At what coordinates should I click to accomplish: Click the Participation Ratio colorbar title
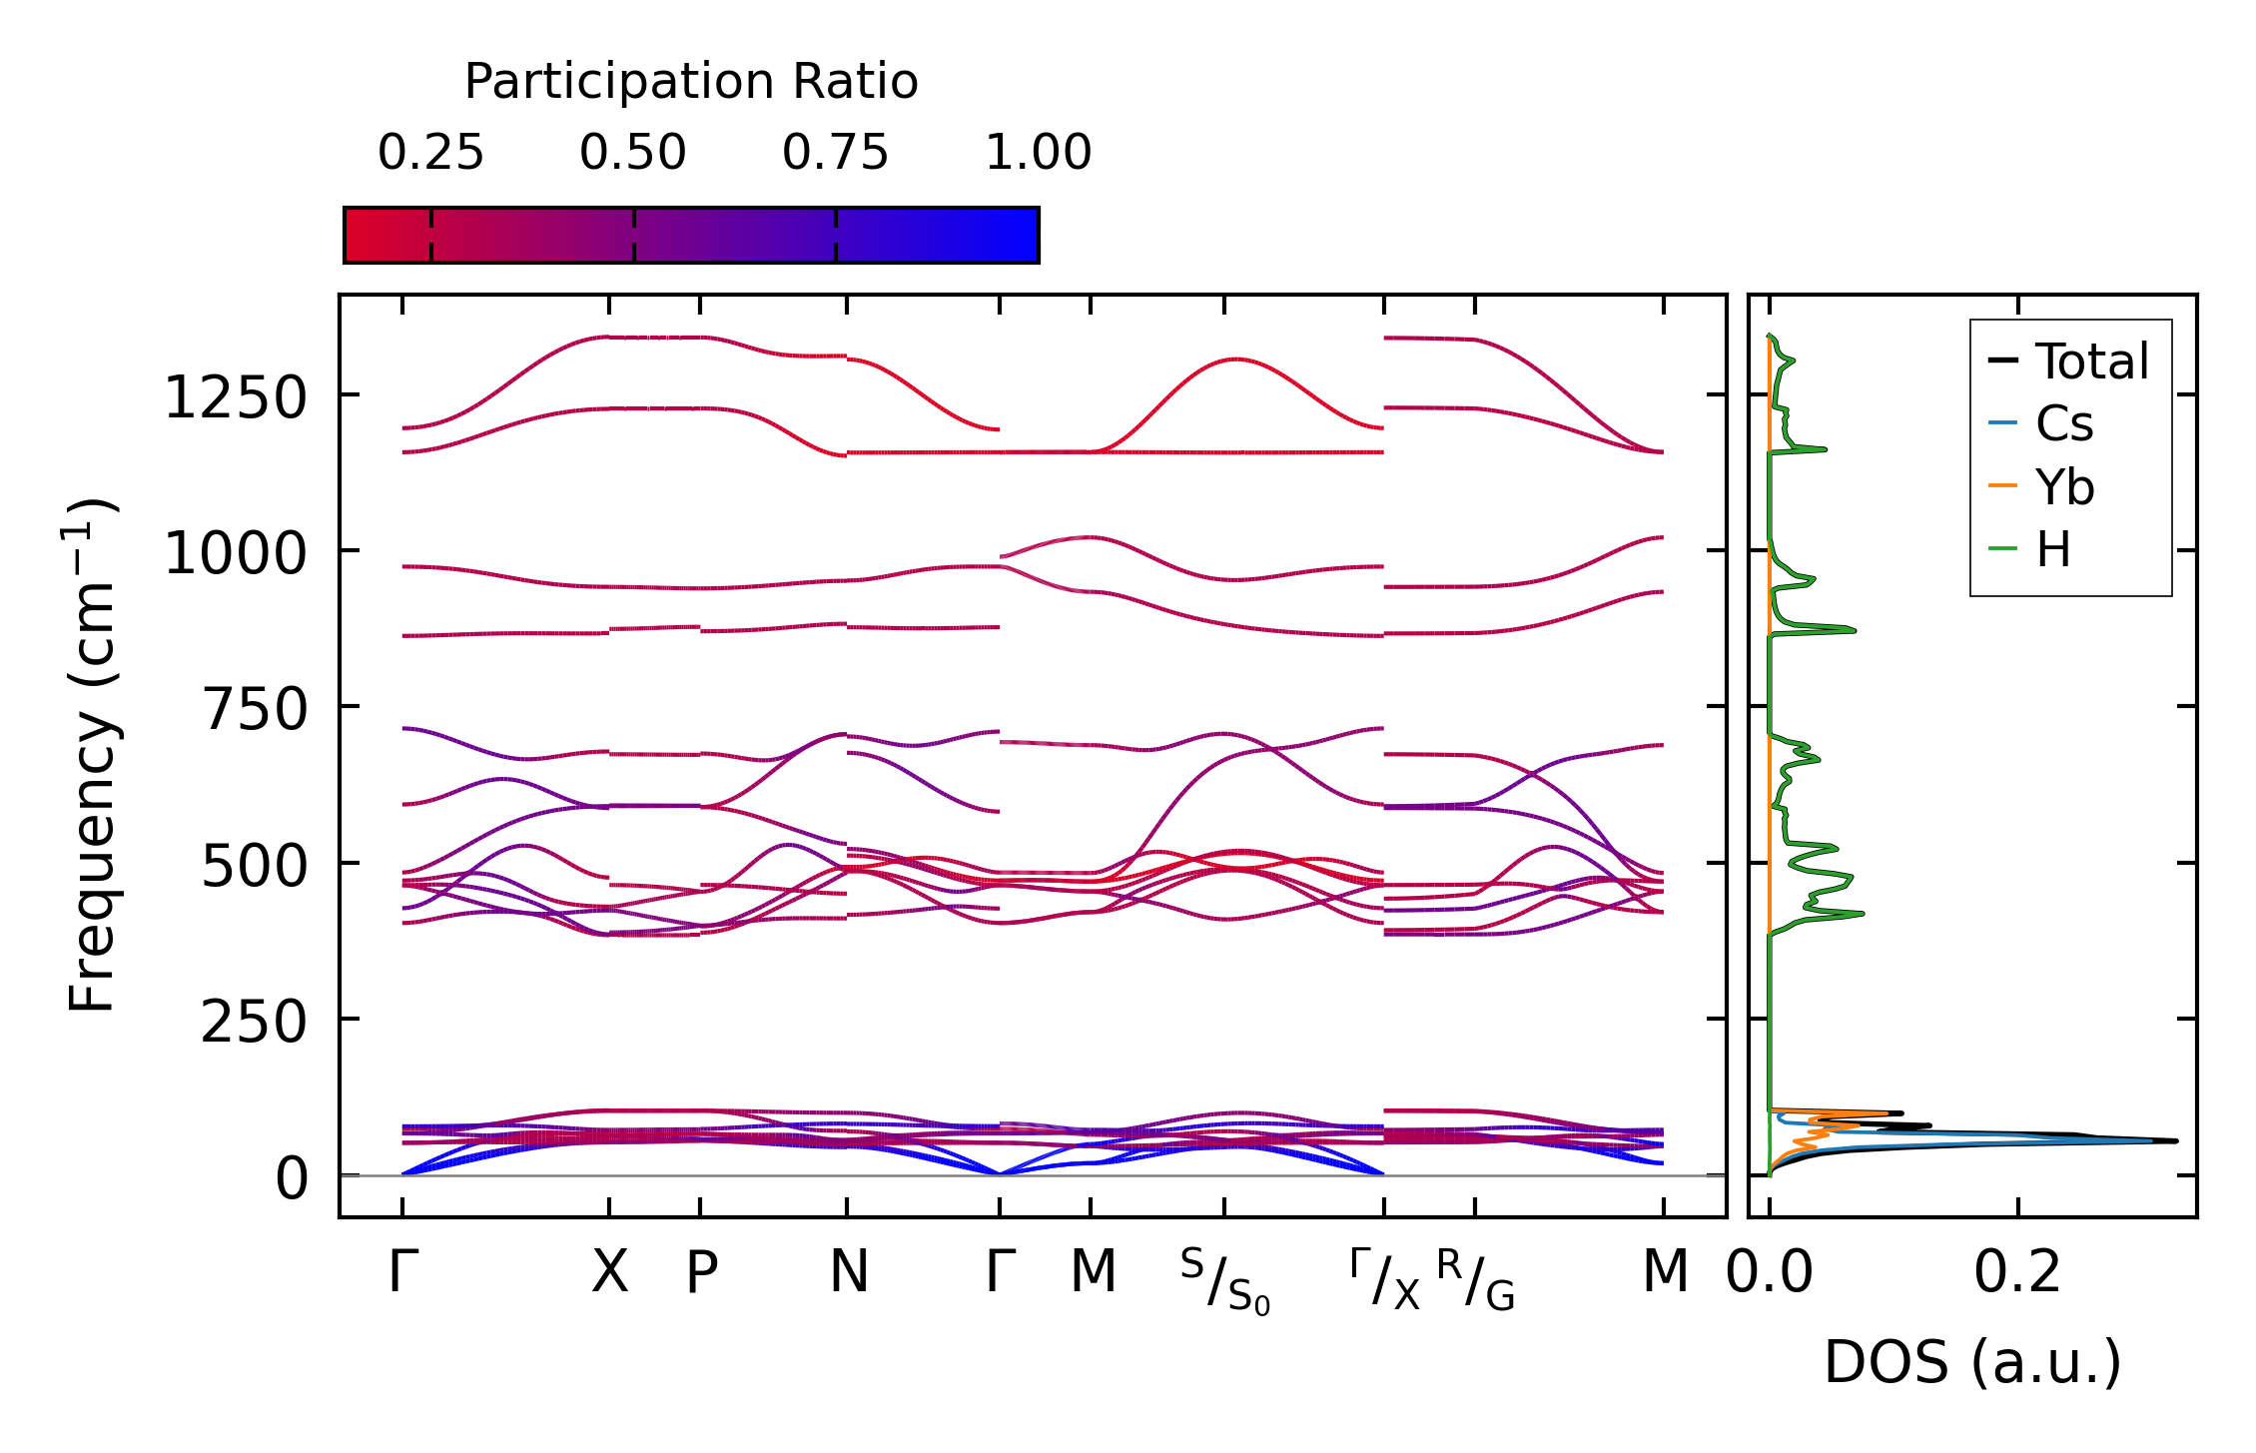pyautogui.click(x=691, y=82)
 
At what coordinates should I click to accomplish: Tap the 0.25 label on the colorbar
pyautogui.click(x=430, y=153)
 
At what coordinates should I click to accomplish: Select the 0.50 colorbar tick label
pyautogui.click(x=633, y=153)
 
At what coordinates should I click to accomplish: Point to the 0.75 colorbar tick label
pyautogui.click(x=835, y=153)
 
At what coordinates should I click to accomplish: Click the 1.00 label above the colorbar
pyautogui.click(x=1038, y=153)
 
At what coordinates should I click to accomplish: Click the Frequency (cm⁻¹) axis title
pyautogui.click(x=92, y=755)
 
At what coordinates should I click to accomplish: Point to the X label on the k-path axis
pyautogui.click(x=609, y=1273)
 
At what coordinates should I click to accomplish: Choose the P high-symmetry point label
pyautogui.click(x=701, y=1273)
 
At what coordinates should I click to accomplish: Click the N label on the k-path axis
pyautogui.click(x=849, y=1273)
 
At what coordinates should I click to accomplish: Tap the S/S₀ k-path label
pyautogui.click(x=1224, y=1280)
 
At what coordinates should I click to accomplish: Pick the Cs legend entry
pyautogui.click(x=2063, y=423)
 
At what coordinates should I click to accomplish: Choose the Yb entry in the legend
pyautogui.click(x=2064, y=487)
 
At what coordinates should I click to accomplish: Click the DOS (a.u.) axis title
pyautogui.click(x=1972, y=1362)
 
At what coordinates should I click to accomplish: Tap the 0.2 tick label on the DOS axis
pyautogui.click(x=2017, y=1273)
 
